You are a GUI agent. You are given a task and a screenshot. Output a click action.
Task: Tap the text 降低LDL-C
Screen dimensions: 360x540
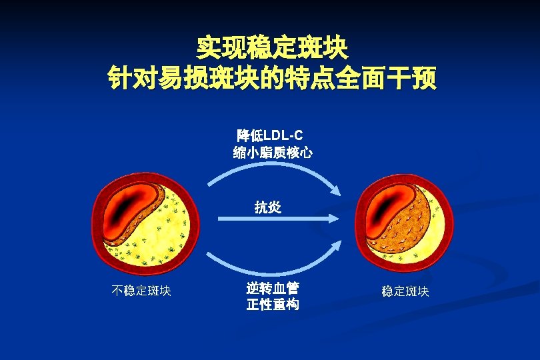coord(269,135)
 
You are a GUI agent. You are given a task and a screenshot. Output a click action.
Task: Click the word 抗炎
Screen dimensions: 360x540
coord(268,207)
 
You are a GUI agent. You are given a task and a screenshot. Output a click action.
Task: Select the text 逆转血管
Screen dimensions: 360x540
coord(272,288)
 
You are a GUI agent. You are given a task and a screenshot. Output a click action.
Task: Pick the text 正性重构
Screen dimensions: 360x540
coord(272,305)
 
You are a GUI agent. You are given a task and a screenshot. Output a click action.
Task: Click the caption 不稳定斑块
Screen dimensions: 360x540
coord(141,291)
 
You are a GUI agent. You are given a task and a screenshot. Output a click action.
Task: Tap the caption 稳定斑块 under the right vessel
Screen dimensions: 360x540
coord(405,291)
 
